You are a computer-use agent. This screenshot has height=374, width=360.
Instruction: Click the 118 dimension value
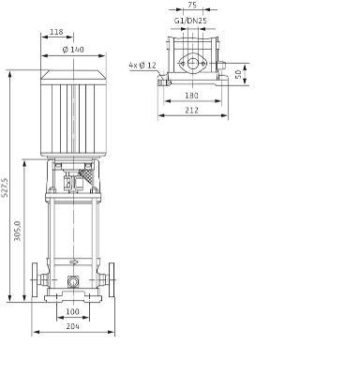point(56,32)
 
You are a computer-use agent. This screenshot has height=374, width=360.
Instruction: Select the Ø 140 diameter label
point(73,50)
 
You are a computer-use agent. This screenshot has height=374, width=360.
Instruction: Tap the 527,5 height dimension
point(5,187)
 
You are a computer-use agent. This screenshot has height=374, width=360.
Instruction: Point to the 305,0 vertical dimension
point(18,231)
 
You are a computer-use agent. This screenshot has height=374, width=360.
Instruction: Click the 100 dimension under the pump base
point(73,311)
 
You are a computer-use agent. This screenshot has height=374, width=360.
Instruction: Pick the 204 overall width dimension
point(73,326)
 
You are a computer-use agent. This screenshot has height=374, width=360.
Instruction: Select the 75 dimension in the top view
point(192,5)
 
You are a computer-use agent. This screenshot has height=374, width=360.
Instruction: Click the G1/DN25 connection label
point(190,21)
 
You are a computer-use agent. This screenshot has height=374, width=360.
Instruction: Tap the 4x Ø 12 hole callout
point(142,66)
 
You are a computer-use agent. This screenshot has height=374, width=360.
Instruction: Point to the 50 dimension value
point(238,74)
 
